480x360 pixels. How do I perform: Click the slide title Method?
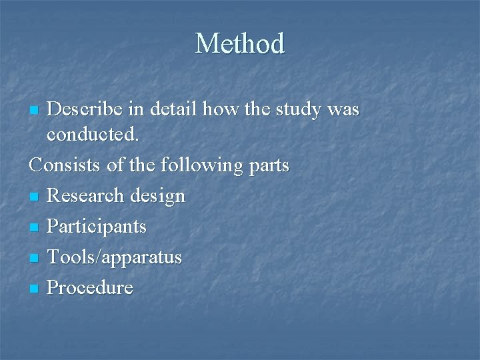point(240,44)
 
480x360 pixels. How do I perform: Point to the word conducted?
point(93,135)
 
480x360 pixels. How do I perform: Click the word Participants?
point(97,227)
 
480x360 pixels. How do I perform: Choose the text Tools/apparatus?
point(114,257)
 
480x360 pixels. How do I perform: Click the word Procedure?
point(90,288)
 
